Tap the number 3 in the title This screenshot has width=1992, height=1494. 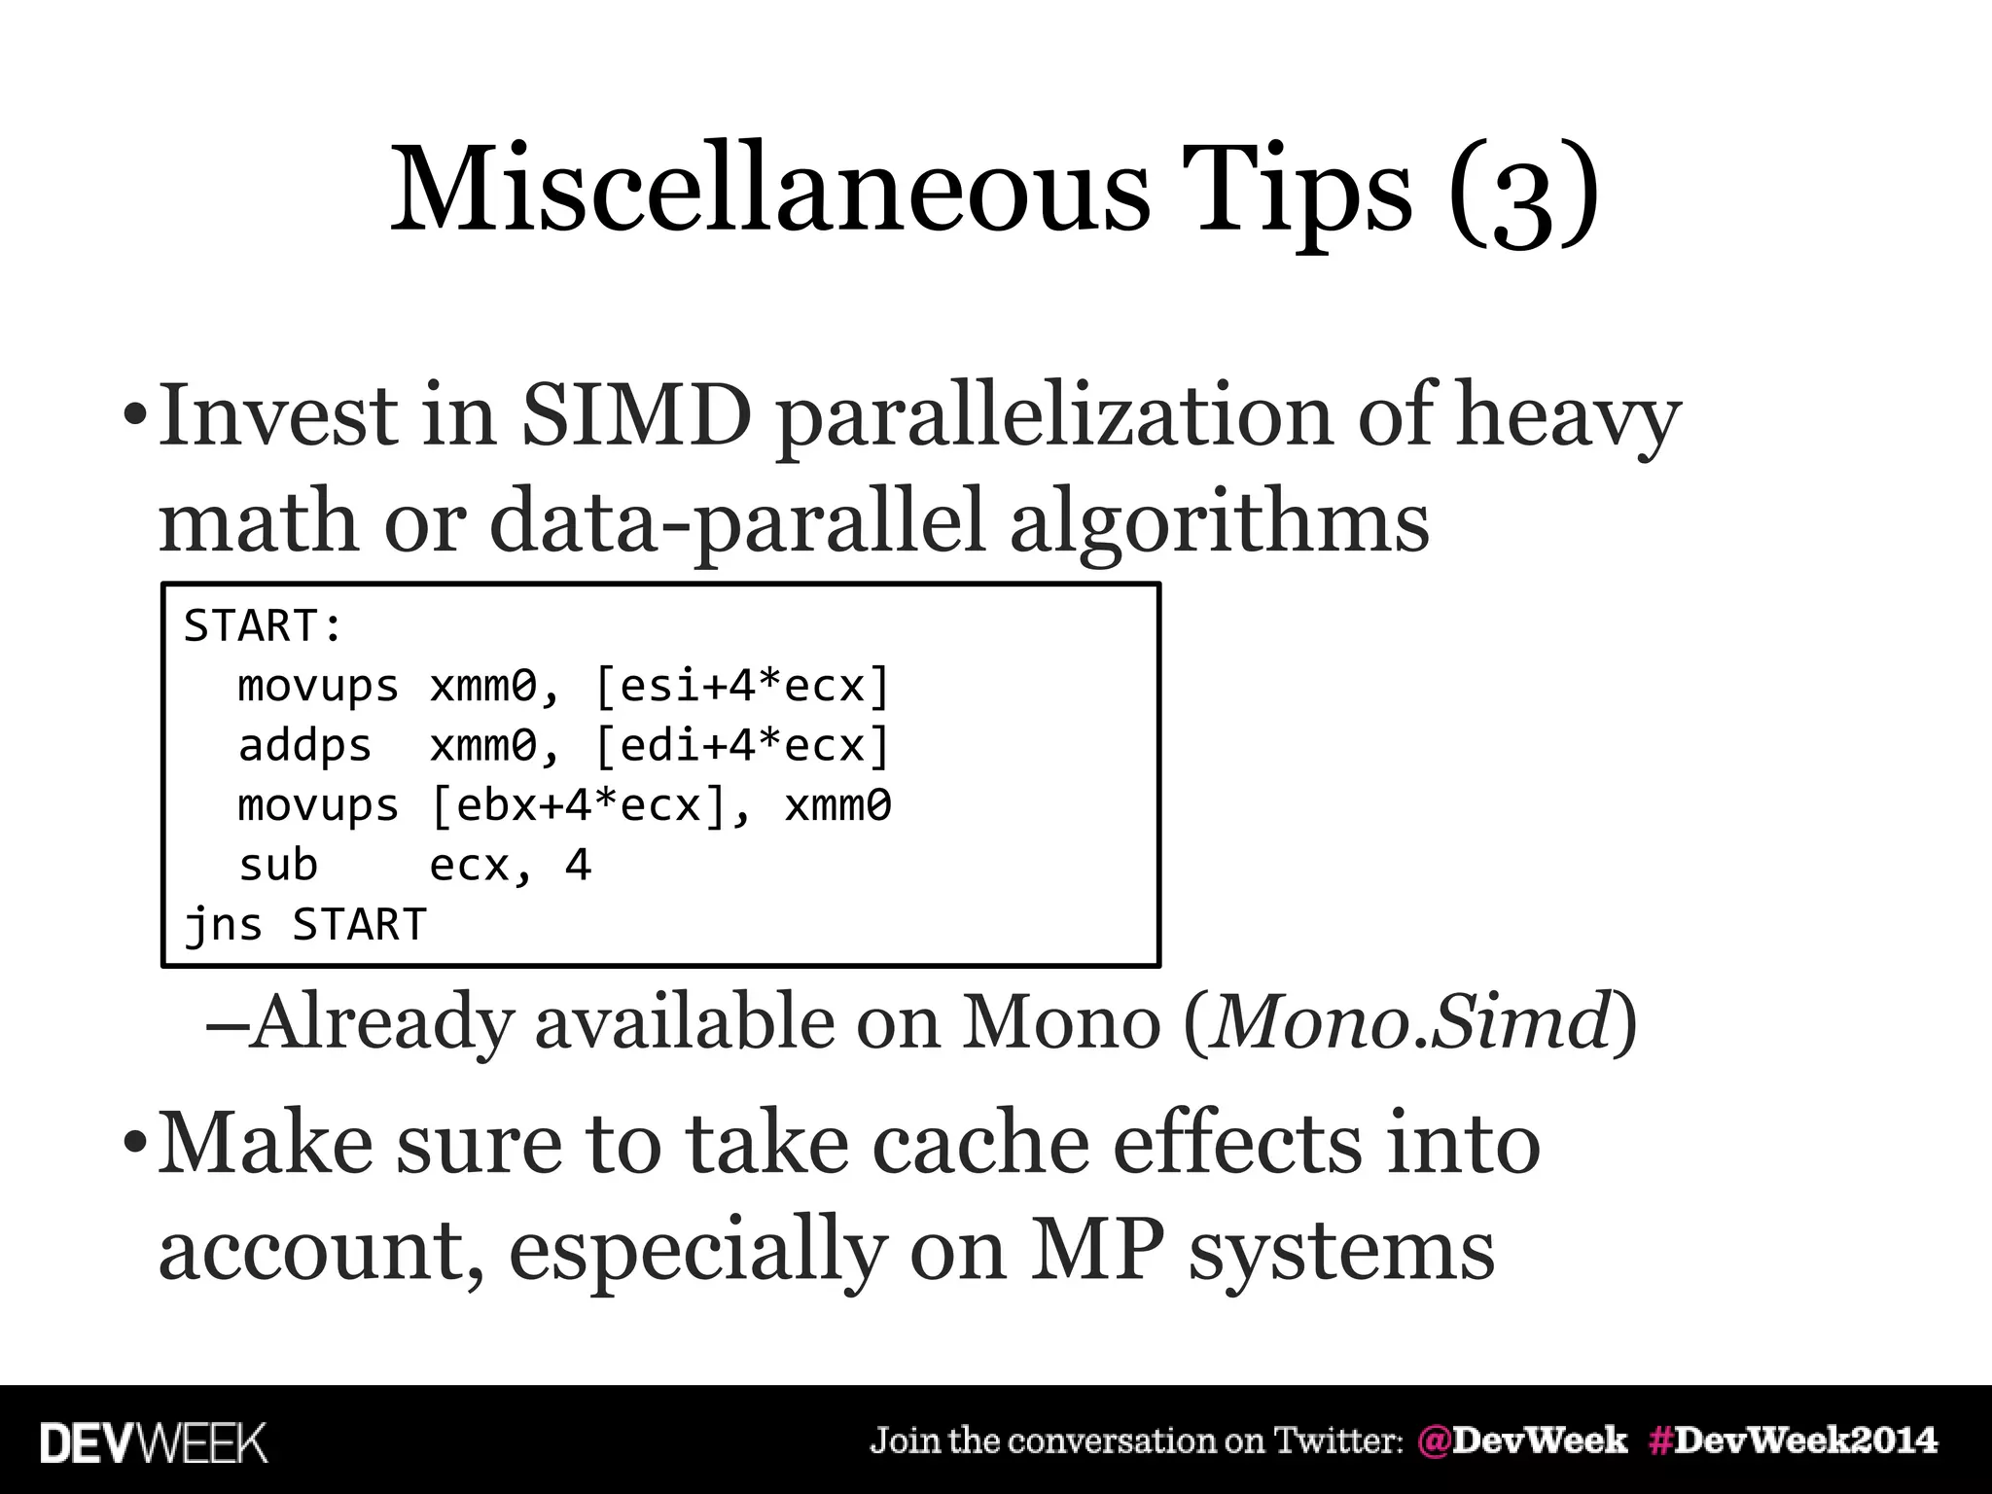1523,199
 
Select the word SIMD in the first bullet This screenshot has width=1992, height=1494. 636,415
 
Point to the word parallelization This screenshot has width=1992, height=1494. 1053,418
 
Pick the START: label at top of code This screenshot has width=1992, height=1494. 263,625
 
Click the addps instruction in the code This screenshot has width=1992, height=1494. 304,746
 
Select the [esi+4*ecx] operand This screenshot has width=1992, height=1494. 741,687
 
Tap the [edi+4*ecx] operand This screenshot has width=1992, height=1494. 741,746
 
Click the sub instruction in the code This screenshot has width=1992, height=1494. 278,865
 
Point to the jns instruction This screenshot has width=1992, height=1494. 223,925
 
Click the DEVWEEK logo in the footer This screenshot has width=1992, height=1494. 154,1442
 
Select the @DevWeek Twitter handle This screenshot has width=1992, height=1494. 1522,1441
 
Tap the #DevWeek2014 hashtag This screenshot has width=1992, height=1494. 1793,1441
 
